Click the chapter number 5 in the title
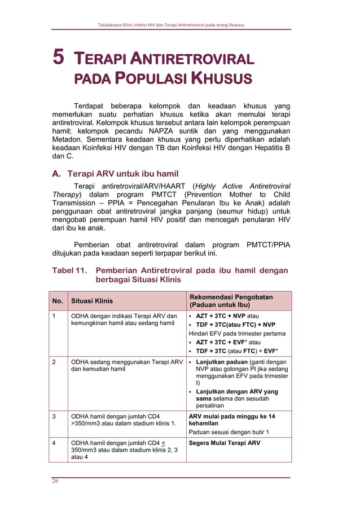coord(59,58)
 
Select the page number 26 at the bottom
coord(55,481)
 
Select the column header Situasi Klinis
coord(91,301)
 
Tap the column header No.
coord(58,301)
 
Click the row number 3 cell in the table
coord(54,416)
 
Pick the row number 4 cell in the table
coord(54,443)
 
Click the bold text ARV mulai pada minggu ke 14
coord(232,416)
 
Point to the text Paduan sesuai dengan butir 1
coord(229,432)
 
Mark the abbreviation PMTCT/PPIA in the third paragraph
coord(267,245)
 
